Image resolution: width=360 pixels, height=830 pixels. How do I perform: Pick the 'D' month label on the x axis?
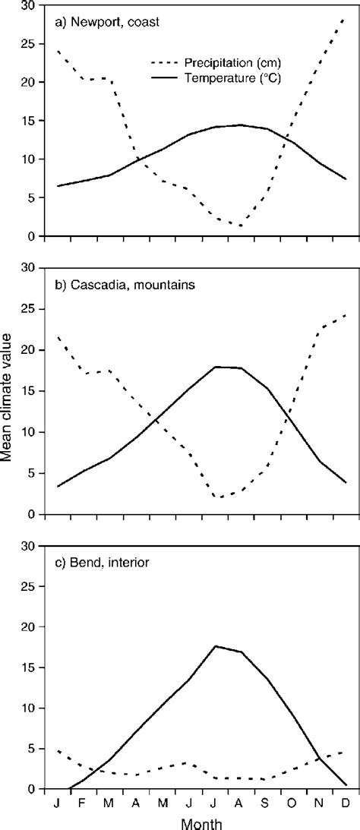click(x=344, y=802)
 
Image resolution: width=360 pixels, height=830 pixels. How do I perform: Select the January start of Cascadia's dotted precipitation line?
click(x=58, y=336)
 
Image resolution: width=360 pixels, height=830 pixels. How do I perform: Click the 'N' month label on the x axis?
click(x=318, y=802)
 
